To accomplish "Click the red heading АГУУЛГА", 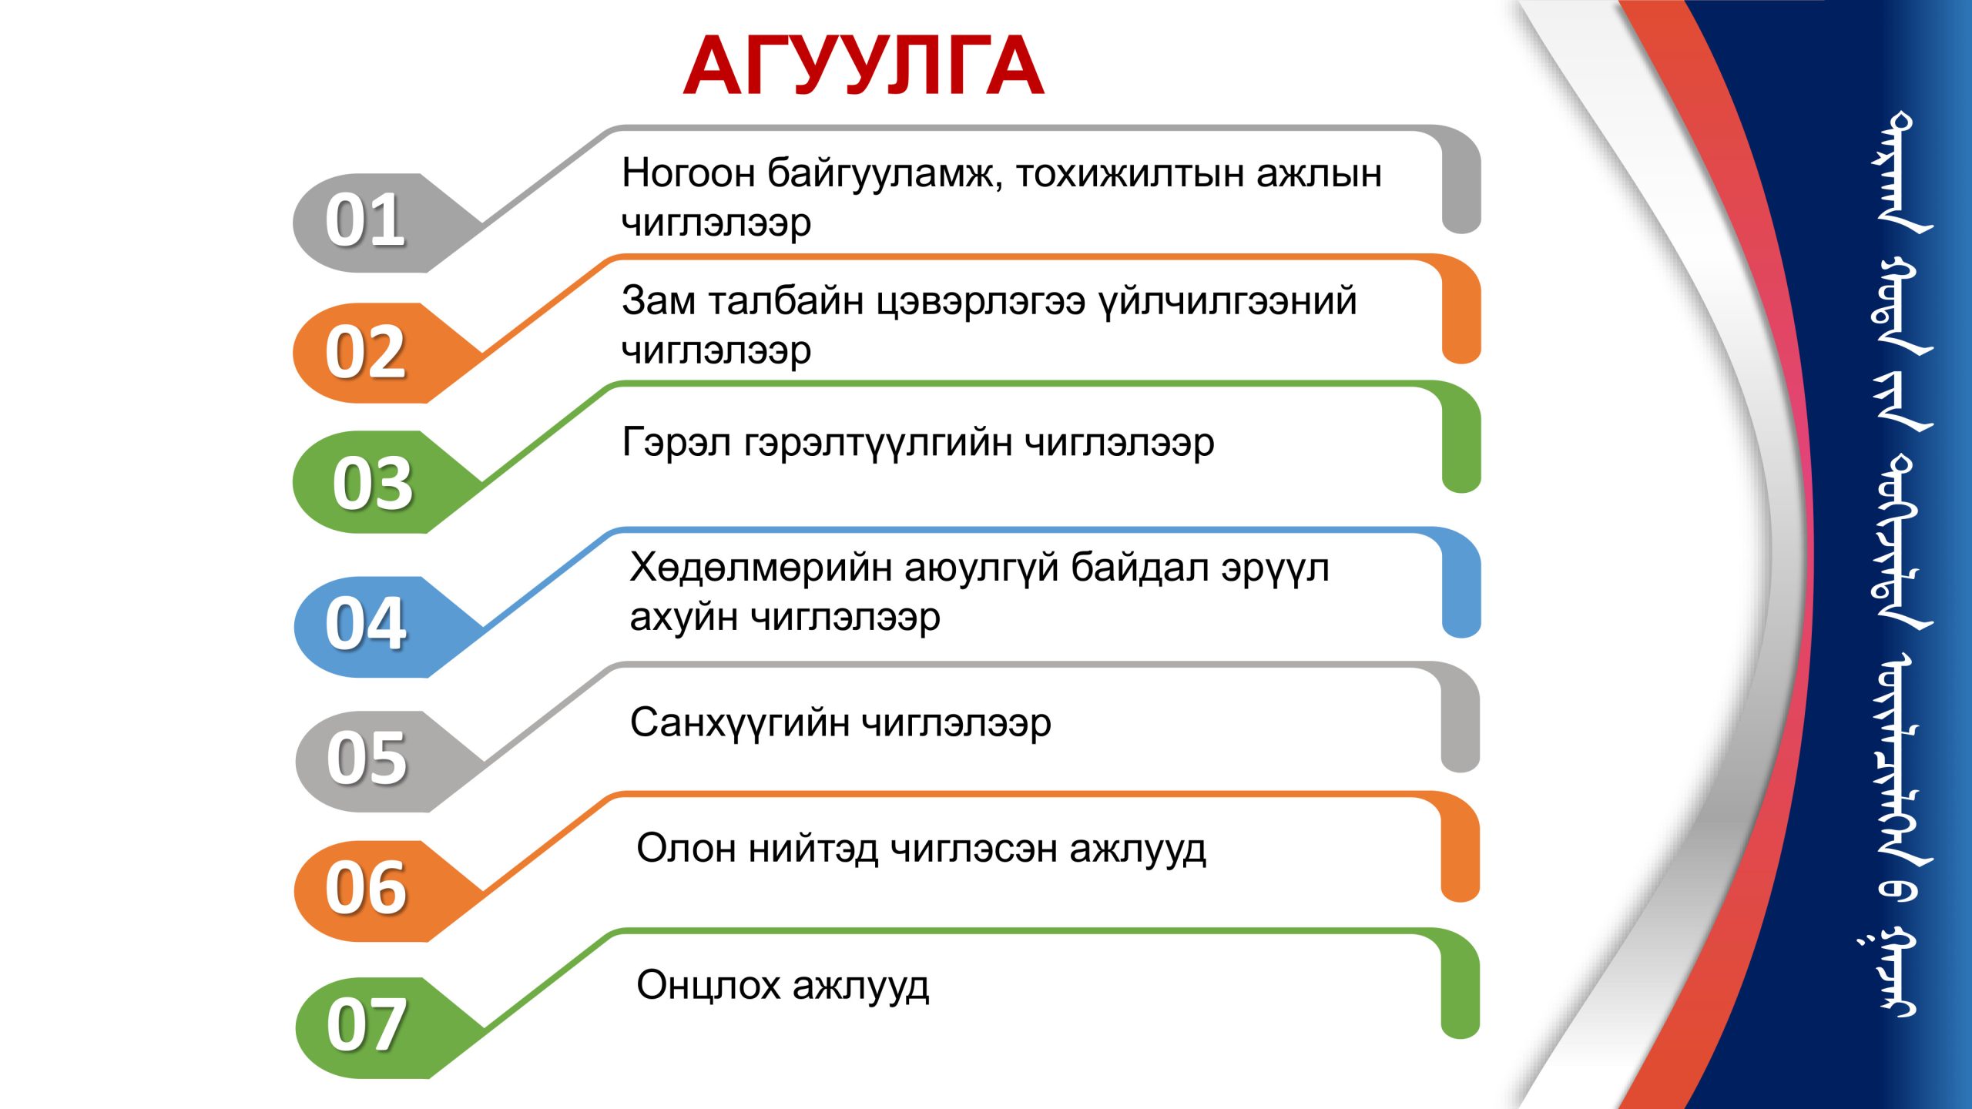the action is coord(864,65).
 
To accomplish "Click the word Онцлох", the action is coord(708,986).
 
